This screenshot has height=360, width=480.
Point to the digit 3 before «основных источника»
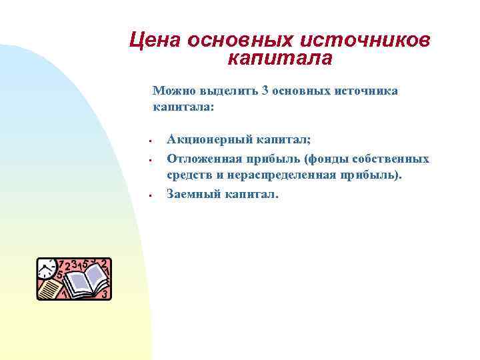[267, 90]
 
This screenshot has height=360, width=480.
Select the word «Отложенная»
[201, 159]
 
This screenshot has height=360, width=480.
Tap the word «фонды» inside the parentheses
[323, 159]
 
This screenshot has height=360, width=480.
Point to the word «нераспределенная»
[281, 175]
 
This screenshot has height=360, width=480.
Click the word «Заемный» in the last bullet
[189, 194]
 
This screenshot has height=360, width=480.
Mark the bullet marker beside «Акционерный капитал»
[152, 141]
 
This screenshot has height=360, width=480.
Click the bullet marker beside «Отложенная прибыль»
[152, 160]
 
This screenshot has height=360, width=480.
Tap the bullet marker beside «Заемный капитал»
[152, 195]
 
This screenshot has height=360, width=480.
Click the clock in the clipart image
[46, 268]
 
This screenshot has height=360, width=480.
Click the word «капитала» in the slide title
[279, 59]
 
